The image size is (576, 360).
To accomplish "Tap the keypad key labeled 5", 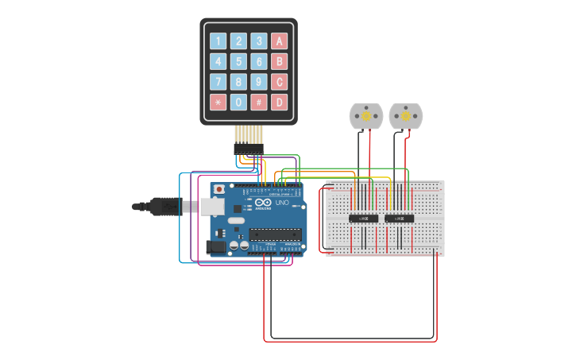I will click(238, 61).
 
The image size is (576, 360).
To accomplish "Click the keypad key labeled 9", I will click(258, 81).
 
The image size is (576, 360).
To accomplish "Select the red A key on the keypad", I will click(279, 41).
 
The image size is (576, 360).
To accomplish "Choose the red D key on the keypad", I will click(279, 102).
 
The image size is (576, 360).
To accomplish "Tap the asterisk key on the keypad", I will click(218, 102).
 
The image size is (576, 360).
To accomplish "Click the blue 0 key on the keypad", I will click(238, 102).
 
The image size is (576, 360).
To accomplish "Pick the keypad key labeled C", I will click(279, 81).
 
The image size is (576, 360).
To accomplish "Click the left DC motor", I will click(366, 117).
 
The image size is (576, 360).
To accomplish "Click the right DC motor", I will click(405, 117).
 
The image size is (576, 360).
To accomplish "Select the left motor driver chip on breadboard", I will click(364, 219).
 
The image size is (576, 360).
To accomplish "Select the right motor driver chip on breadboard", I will click(399, 219).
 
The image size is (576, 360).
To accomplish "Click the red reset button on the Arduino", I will click(218, 190).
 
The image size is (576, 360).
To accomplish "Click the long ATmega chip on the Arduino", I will click(275, 234).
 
